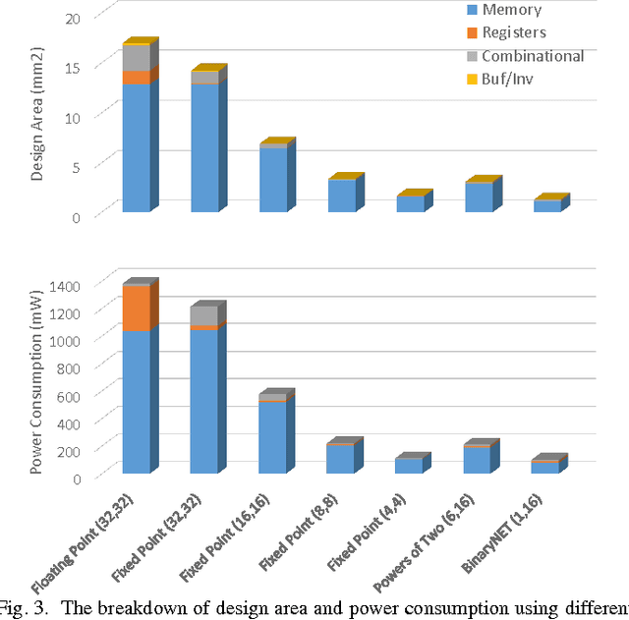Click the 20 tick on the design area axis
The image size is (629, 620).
click(x=72, y=18)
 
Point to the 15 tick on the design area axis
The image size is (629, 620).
click(x=72, y=66)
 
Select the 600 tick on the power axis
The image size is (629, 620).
click(x=83, y=394)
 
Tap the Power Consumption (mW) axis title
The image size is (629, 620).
click(x=37, y=378)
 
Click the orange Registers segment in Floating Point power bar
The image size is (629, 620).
click(x=136, y=309)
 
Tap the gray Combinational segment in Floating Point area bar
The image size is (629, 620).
click(x=136, y=58)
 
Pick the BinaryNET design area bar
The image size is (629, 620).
click(x=547, y=205)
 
